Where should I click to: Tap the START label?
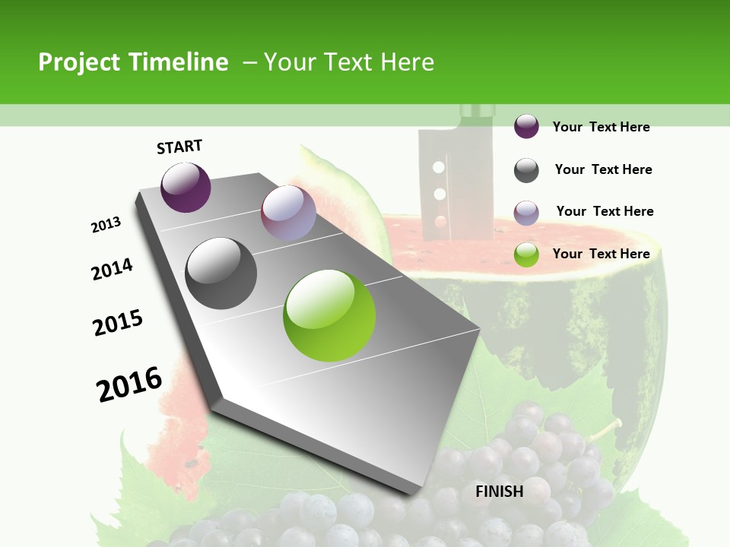coord(179,147)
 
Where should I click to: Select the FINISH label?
coord(500,492)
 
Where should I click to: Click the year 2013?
coord(106,225)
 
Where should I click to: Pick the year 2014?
coord(113,269)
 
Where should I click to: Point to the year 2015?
coord(118,323)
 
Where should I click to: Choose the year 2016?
coord(129,384)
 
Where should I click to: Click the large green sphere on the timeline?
coord(329,315)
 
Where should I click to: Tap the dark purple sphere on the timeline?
coord(186,187)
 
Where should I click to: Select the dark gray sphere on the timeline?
coord(221,273)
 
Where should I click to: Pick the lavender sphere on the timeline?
coord(288,213)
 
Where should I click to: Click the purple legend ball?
coord(526,126)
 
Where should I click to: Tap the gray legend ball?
coord(526,170)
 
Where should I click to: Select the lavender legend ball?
coord(526,213)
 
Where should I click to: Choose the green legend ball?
coord(526,255)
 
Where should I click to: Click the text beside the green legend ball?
coord(601,254)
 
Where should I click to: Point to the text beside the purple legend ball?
coord(601,127)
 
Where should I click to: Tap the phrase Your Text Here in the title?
coord(348,62)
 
